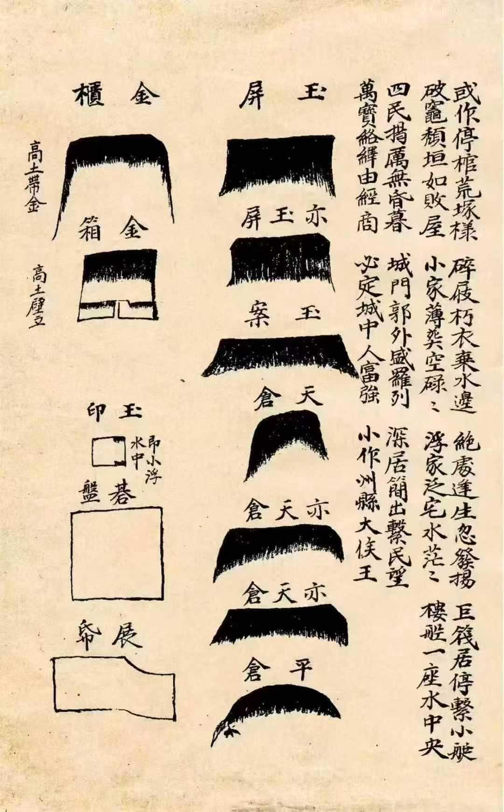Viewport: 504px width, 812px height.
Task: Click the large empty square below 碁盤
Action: point(117,553)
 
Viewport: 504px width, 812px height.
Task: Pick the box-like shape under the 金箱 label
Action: point(119,286)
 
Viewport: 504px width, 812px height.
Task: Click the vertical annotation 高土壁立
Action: point(36,296)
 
